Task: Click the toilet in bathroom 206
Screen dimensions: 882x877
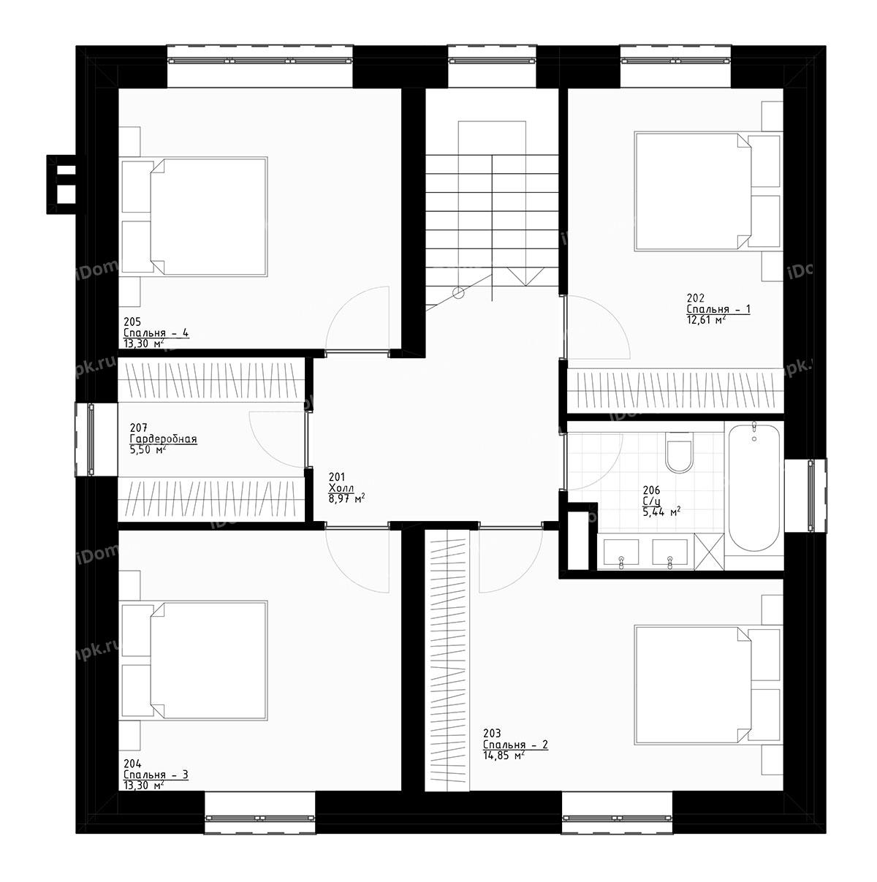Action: (x=679, y=453)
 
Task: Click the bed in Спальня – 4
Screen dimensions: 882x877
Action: (x=208, y=216)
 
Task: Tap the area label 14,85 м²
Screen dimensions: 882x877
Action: (x=504, y=756)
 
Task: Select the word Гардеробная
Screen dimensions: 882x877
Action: (x=163, y=439)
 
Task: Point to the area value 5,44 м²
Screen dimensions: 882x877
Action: (x=661, y=512)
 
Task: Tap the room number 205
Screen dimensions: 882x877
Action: (x=132, y=322)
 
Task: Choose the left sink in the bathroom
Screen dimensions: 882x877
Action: (x=620, y=552)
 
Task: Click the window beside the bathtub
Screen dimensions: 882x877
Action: (x=810, y=496)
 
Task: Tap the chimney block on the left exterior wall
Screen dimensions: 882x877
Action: (x=62, y=184)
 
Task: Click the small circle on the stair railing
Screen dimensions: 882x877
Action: (x=458, y=294)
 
